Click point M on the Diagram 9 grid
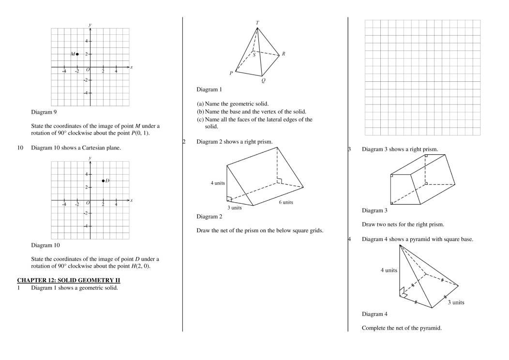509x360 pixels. tap(77, 54)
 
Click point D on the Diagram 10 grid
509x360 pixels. tap(103, 180)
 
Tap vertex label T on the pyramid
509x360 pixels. tap(257, 23)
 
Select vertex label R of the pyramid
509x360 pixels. tap(283, 54)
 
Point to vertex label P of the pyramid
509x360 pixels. tap(231, 74)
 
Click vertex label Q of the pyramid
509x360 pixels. tap(263, 81)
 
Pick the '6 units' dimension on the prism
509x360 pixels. tap(285, 202)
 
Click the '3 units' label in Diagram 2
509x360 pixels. tap(235, 208)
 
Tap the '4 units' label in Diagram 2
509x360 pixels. tap(218, 183)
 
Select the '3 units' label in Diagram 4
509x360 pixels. tap(455, 302)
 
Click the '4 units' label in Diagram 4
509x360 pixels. tap(389, 270)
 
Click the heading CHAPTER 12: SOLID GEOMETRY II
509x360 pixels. tap(68, 280)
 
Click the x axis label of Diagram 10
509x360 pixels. tap(131, 200)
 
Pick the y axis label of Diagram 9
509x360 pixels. tap(90, 24)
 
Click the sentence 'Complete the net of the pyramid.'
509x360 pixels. tap(402, 328)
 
